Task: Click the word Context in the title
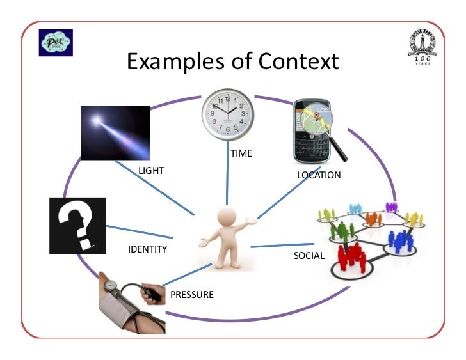click(x=298, y=61)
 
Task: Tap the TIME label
click(x=241, y=153)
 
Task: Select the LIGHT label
click(x=151, y=171)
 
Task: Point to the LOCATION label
click(x=319, y=175)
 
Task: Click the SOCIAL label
click(x=309, y=256)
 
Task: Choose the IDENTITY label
click(x=148, y=249)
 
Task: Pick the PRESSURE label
click(x=191, y=295)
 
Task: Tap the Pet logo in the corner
click(x=56, y=42)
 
